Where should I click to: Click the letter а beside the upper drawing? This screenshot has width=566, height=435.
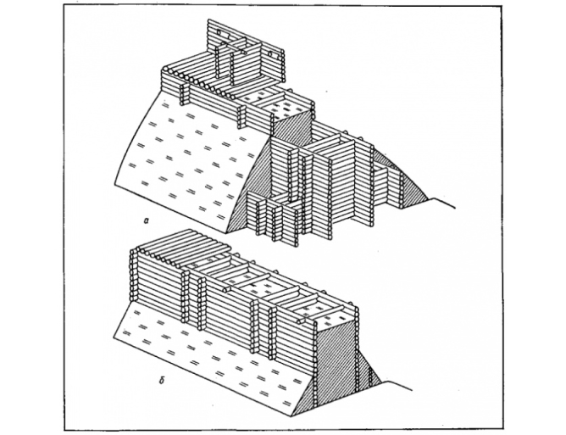click(147, 220)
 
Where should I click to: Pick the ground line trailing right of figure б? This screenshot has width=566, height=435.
click(397, 385)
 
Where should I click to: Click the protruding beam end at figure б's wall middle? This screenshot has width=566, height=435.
click(227, 289)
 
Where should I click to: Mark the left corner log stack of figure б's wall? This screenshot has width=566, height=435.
click(134, 275)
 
